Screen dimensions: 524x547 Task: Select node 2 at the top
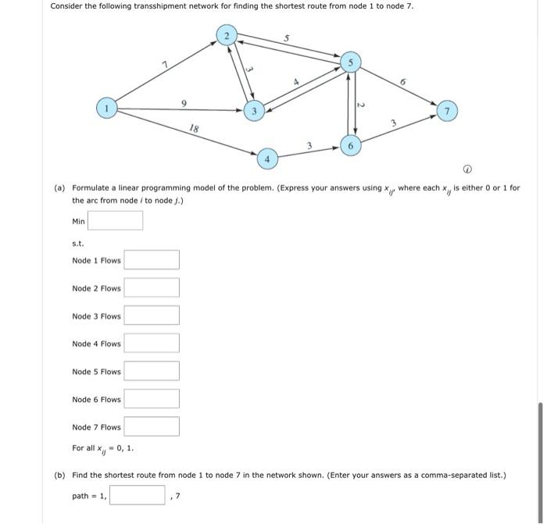click(227, 36)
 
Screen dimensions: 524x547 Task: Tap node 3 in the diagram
click(252, 111)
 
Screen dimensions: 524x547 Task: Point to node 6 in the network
click(351, 146)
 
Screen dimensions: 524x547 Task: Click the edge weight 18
click(193, 130)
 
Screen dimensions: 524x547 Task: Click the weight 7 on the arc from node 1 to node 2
click(164, 64)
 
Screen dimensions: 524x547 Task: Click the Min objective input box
click(115, 221)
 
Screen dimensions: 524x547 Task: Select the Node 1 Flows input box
click(152, 260)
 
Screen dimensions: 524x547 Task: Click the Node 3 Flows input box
click(152, 315)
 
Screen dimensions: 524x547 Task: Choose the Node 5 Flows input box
click(152, 371)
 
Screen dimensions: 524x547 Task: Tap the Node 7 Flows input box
click(152, 427)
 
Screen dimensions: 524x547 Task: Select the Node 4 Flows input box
click(152, 344)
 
